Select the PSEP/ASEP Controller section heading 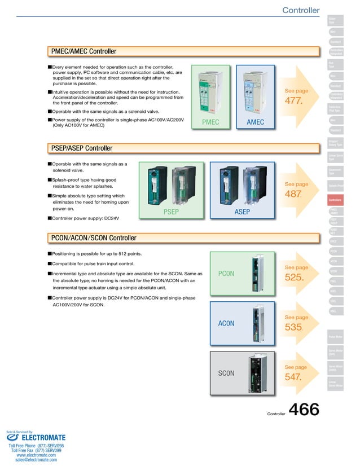(x=82, y=148)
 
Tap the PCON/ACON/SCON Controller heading (x=94, y=238)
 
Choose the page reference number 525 (x=294, y=278)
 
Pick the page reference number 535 (x=294, y=327)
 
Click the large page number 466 (x=304, y=410)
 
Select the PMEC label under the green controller (x=210, y=122)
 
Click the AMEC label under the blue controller (x=256, y=122)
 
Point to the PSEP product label (x=171, y=212)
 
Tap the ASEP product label (x=242, y=212)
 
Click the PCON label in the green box (x=226, y=274)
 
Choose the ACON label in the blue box (x=226, y=323)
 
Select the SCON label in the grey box (x=226, y=373)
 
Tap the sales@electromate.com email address (x=36, y=460)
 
